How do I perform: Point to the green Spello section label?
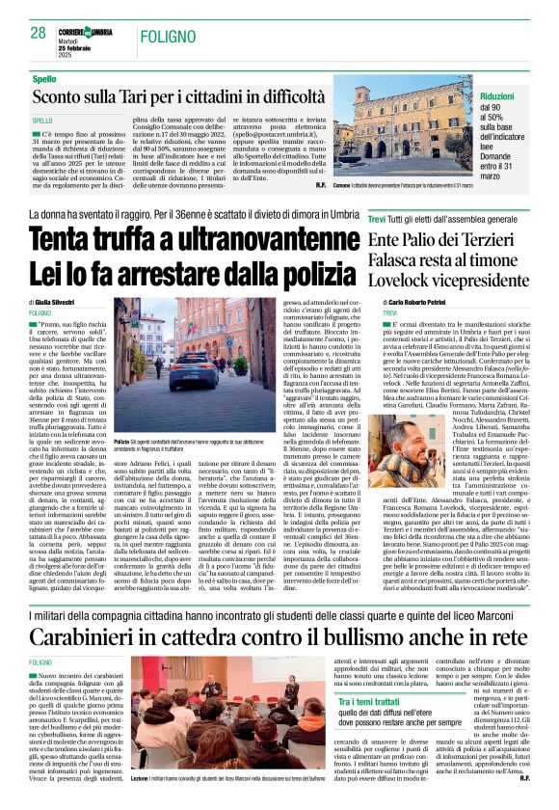(x=43, y=78)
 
